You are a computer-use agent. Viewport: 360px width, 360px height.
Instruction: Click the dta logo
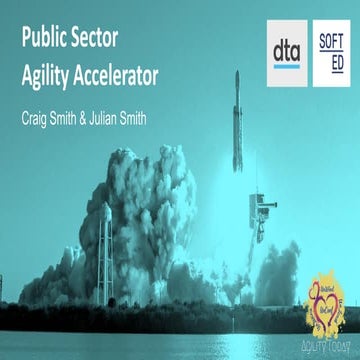pyautogui.click(x=286, y=48)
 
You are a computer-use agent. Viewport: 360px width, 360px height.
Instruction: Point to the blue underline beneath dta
pyautogui.click(x=286, y=65)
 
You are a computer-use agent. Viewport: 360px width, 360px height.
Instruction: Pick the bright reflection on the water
pyautogui.click(x=180, y=340)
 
